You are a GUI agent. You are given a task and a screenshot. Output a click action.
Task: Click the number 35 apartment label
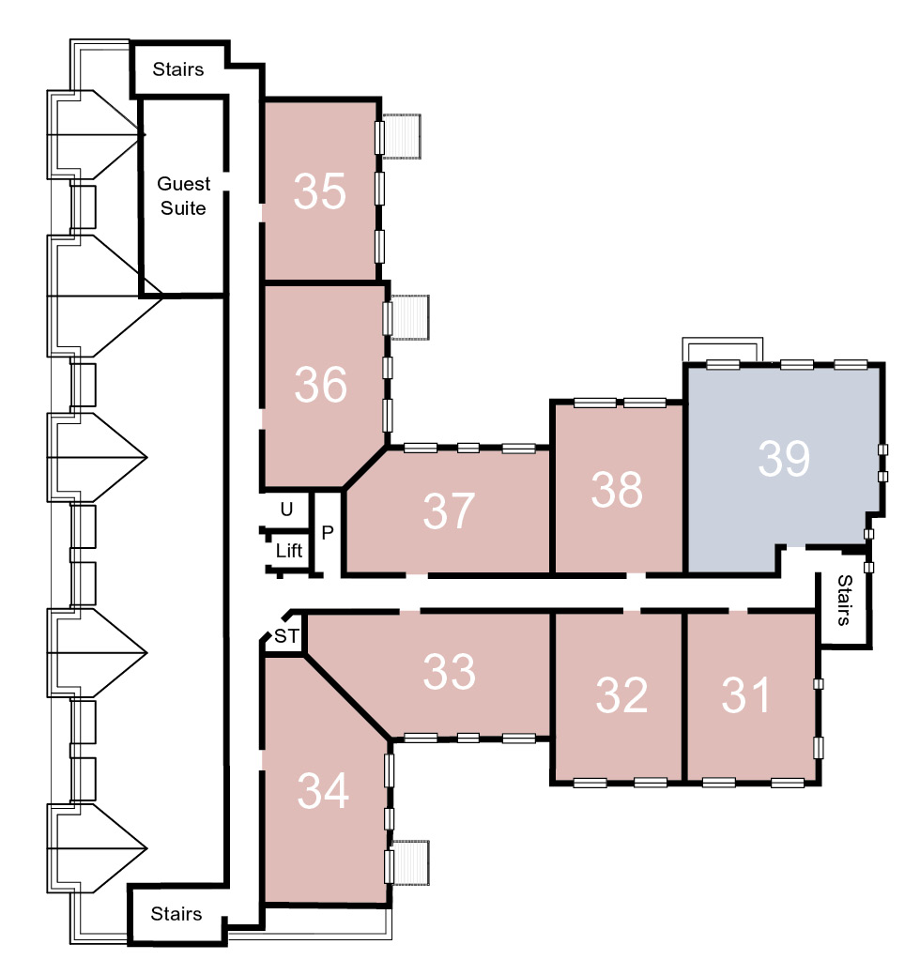pos(320,190)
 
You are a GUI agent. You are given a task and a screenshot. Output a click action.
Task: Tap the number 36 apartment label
pos(320,385)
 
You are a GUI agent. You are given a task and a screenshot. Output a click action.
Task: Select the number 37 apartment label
pos(449,511)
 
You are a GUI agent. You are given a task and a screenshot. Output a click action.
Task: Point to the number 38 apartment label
pos(617,489)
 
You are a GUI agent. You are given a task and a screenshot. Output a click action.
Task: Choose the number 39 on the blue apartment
pos(784,458)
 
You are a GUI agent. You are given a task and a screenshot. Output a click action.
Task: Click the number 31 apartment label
pos(745,694)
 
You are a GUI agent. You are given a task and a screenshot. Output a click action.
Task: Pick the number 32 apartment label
pos(621,694)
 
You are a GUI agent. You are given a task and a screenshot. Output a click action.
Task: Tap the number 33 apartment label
pos(449,672)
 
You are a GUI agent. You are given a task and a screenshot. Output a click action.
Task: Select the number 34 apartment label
pos(323,790)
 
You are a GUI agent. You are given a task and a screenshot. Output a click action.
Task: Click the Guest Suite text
pos(183,196)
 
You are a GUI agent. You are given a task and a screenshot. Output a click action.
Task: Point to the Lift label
pos(289,550)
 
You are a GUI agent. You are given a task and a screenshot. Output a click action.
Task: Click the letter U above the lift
pos(286,510)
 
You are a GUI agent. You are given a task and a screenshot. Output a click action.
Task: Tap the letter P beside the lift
pos(328,532)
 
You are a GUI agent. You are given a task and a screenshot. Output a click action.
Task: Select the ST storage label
pos(286,636)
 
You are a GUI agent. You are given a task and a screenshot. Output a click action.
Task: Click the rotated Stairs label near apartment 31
pos(844,600)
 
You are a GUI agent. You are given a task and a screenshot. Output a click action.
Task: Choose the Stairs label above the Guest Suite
pos(178,69)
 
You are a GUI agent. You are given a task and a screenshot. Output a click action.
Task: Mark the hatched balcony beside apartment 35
pos(402,136)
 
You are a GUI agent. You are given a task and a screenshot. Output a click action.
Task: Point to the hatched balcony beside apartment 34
pos(410,862)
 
